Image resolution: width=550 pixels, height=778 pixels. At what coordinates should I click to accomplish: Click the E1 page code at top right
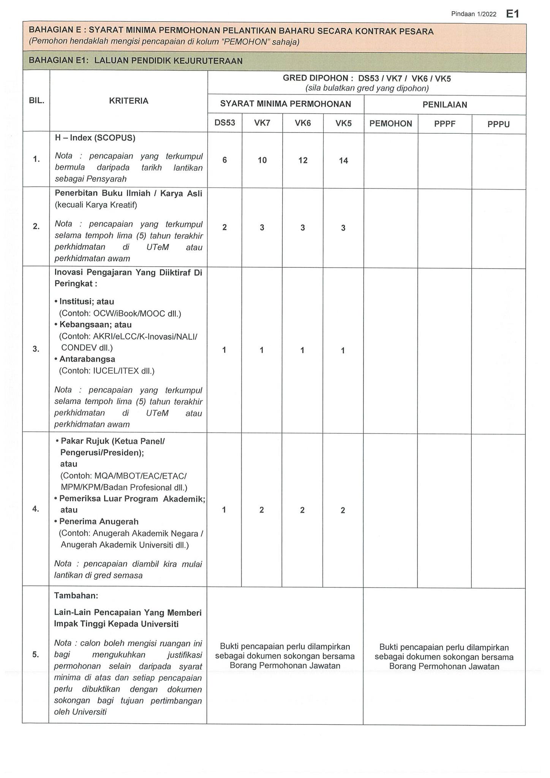pyautogui.click(x=512, y=14)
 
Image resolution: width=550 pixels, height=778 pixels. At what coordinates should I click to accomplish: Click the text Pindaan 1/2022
pyautogui.click(x=474, y=14)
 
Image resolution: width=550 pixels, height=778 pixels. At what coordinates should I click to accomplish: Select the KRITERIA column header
pyautogui.click(x=128, y=101)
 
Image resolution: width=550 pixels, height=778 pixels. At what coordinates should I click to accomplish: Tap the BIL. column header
pyautogui.click(x=36, y=101)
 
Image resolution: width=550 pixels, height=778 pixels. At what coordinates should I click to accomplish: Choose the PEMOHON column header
pyautogui.click(x=390, y=123)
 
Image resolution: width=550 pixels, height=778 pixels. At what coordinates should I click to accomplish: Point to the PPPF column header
pyautogui.click(x=445, y=123)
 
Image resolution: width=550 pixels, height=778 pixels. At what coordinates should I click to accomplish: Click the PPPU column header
pyautogui.click(x=498, y=124)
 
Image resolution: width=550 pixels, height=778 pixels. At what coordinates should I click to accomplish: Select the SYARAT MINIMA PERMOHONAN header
pyautogui.click(x=286, y=104)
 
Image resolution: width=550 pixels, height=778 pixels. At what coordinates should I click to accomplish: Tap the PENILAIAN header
pyautogui.click(x=445, y=105)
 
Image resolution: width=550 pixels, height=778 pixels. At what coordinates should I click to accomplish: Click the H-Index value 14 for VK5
pyautogui.click(x=343, y=161)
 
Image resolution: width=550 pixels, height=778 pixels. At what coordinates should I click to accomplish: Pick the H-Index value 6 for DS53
pyautogui.click(x=225, y=160)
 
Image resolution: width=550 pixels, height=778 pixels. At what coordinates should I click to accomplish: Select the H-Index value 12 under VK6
pyautogui.click(x=303, y=160)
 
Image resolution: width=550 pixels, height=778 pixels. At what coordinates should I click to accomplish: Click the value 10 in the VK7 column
pyautogui.click(x=262, y=160)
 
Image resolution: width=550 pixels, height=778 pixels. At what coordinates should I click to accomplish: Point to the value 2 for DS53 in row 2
pyautogui.click(x=225, y=228)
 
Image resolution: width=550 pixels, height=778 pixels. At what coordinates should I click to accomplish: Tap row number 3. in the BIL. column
pyautogui.click(x=36, y=349)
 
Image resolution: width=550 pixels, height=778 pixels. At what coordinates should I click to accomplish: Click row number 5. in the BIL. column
pyautogui.click(x=36, y=655)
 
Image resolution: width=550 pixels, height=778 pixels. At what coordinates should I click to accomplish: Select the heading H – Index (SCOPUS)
pyautogui.click(x=95, y=138)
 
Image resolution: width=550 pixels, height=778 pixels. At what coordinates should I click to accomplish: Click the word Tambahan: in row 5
pyautogui.click(x=76, y=596)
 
